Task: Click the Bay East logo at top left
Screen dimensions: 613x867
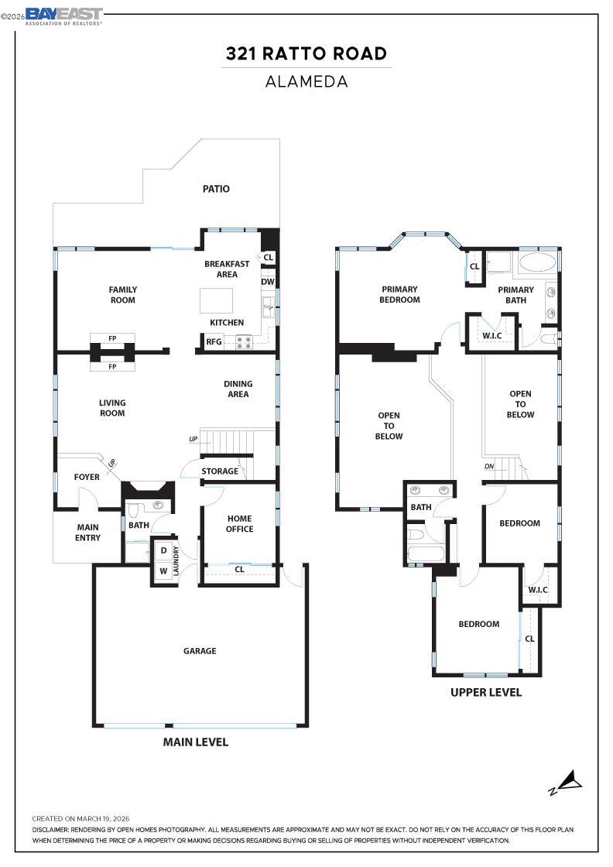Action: [x=63, y=16]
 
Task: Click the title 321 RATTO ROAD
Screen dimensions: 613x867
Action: [x=306, y=53]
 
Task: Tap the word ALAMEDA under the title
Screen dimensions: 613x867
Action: [x=306, y=82]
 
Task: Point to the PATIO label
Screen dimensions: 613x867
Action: [x=216, y=189]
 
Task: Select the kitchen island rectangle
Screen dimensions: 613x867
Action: [x=216, y=301]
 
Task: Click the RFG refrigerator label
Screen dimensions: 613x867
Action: [x=214, y=341]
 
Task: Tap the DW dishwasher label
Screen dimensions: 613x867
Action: [x=268, y=282]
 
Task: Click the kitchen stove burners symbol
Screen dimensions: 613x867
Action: [x=244, y=342]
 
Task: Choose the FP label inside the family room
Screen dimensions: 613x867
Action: [x=112, y=338]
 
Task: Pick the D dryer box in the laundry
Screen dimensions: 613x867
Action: [x=163, y=550]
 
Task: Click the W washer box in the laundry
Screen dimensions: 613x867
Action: [x=163, y=571]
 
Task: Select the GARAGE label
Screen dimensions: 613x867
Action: [x=200, y=651]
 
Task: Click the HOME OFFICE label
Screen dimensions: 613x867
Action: [x=239, y=523]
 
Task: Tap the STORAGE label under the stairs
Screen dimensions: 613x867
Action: [x=220, y=471]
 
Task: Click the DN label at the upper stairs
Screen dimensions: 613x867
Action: [x=489, y=467]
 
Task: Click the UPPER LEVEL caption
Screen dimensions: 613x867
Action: [x=486, y=692]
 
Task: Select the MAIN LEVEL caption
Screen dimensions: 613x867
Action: [x=196, y=742]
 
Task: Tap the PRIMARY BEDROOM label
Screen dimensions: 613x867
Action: [x=399, y=294]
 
